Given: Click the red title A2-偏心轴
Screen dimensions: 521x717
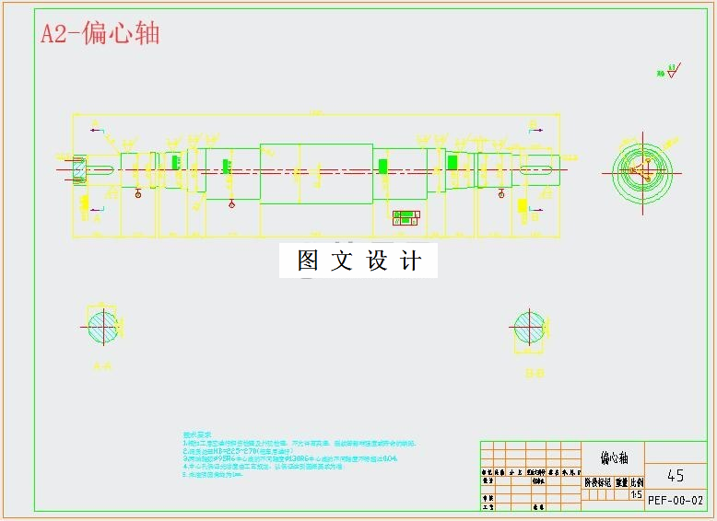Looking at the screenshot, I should (x=100, y=34).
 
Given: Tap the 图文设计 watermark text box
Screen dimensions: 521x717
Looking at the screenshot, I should (x=358, y=260).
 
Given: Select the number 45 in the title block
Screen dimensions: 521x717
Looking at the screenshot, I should (x=676, y=475).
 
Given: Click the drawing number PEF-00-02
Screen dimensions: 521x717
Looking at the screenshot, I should (x=676, y=500).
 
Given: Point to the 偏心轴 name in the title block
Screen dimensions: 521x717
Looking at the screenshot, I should (x=614, y=457).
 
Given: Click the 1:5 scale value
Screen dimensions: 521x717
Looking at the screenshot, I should (x=636, y=494).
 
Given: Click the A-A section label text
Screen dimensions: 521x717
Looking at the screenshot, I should (x=102, y=366).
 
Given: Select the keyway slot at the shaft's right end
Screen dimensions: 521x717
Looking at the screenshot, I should (x=539, y=168).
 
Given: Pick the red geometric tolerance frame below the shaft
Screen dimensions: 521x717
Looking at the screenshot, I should (x=406, y=217).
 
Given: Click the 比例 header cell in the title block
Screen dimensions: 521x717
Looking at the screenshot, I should (x=636, y=481).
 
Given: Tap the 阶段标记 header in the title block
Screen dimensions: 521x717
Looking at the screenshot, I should (x=597, y=481).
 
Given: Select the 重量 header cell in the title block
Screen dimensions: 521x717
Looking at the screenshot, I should (x=621, y=481).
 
